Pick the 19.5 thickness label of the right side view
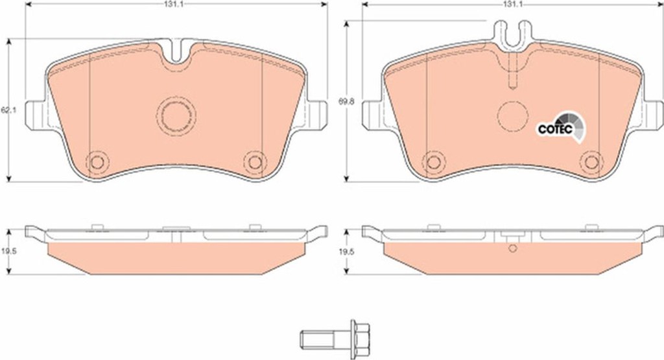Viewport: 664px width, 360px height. (344, 251)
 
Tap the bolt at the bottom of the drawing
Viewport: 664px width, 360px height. (335, 338)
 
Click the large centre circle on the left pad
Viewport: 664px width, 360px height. (176, 116)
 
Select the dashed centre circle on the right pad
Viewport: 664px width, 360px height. (512, 115)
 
